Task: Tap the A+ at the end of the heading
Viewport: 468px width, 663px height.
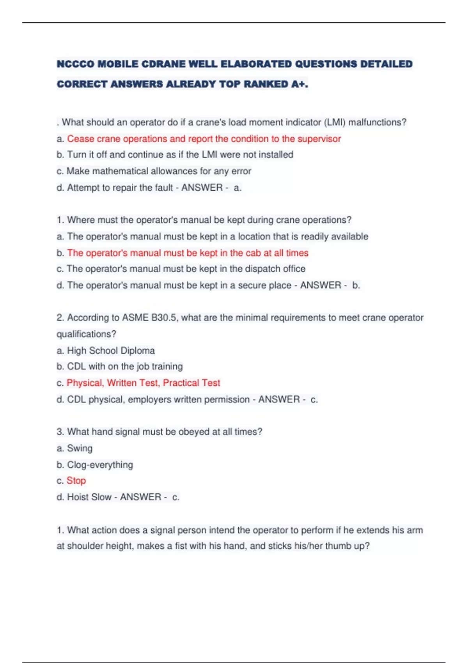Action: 299,84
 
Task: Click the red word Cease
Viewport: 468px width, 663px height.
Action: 80,139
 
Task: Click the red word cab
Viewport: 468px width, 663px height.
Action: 253,253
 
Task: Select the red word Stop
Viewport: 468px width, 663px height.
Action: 76,480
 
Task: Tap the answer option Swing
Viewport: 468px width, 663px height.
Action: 80,448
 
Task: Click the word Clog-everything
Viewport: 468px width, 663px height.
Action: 100,464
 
